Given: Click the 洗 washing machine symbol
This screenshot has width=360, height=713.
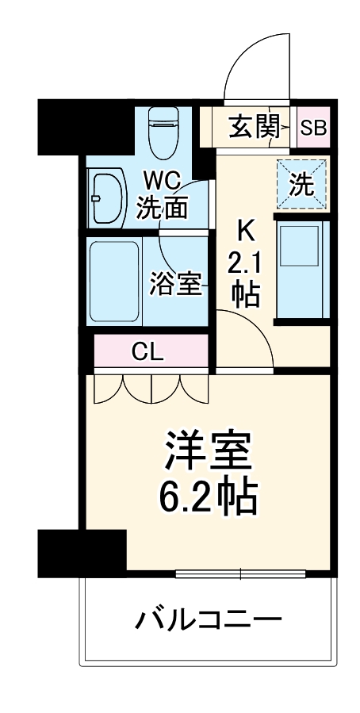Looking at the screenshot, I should [x=300, y=185].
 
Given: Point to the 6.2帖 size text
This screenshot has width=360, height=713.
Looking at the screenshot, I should [x=209, y=498].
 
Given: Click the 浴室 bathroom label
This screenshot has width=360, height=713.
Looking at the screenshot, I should [x=175, y=285].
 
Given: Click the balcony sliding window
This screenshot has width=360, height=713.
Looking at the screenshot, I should [x=239, y=573].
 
